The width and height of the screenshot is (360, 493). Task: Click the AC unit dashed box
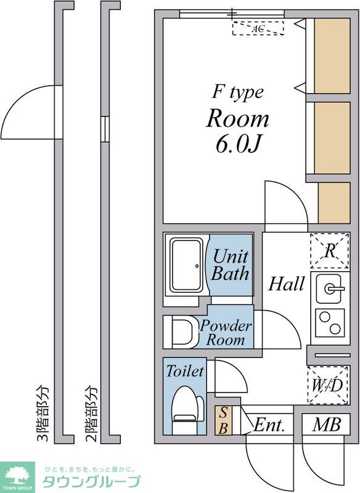pyautogui.click(x=258, y=28)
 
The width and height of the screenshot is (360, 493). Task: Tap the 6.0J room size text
pyautogui.click(x=238, y=145)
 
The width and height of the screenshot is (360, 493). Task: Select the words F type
pyautogui.click(x=238, y=93)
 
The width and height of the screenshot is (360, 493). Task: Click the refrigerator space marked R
pyautogui.click(x=330, y=251)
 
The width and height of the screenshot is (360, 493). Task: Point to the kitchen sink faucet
pyautogui.click(x=334, y=288)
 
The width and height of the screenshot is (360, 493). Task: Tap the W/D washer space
pyautogui.click(x=329, y=385)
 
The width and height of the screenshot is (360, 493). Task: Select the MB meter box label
pyautogui.click(x=326, y=425)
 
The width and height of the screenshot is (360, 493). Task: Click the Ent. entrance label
pyautogui.click(x=269, y=425)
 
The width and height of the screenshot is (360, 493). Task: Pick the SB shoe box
pyautogui.click(x=223, y=421)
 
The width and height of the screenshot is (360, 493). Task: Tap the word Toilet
pyautogui.click(x=185, y=371)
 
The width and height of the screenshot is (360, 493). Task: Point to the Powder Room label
pyautogui.click(x=226, y=333)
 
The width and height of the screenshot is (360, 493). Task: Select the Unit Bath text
pyautogui.click(x=231, y=265)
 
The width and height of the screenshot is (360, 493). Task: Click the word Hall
pyautogui.click(x=286, y=283)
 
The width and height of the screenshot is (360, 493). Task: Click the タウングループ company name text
pyautogui.click(x=91, y=481)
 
